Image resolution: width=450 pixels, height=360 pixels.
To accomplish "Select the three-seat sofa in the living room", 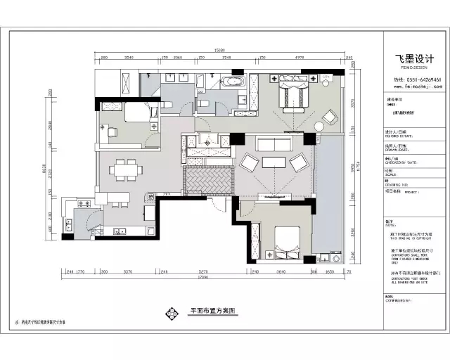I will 275,145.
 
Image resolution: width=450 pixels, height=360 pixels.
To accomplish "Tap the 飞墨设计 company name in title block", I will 410,58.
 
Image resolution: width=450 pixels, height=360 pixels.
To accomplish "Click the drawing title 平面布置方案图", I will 211,309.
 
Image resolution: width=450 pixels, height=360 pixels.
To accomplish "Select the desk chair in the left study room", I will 112,130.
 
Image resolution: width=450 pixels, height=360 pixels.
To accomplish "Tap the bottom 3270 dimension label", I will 127,271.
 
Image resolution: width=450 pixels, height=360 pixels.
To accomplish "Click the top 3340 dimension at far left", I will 129,58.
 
